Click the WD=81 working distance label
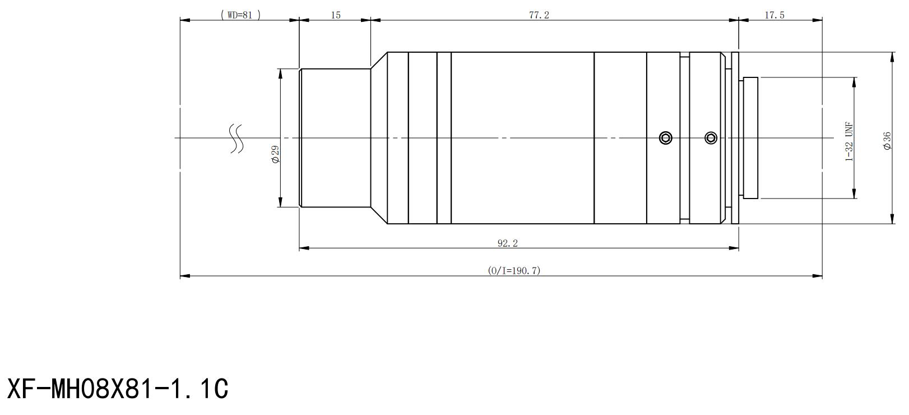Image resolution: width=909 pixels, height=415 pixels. pyautogui.click(x=240, y=15)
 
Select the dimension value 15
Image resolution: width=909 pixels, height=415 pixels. pyautogui.click(x=336, y=15)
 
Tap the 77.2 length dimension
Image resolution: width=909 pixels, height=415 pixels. pyautogui.click(x=539, y=15)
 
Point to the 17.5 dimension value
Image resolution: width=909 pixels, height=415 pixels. pyautogui.click(x=774, y=15)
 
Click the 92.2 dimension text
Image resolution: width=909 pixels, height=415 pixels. pyautogui.click(x=508, y=243)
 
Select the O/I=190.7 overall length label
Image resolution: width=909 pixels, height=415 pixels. pyautogui.click(x=514, y=270)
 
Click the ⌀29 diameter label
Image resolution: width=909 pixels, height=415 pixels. pyautogui.click(x=276, y=154)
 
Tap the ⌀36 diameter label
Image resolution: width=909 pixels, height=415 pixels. pyautogui.click(x=888, y=141)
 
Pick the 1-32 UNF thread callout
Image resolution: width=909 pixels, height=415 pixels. pyautogui.click(x=849, y=142)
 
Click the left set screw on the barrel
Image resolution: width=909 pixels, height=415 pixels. pyautogui.click(x=666, y=138)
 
